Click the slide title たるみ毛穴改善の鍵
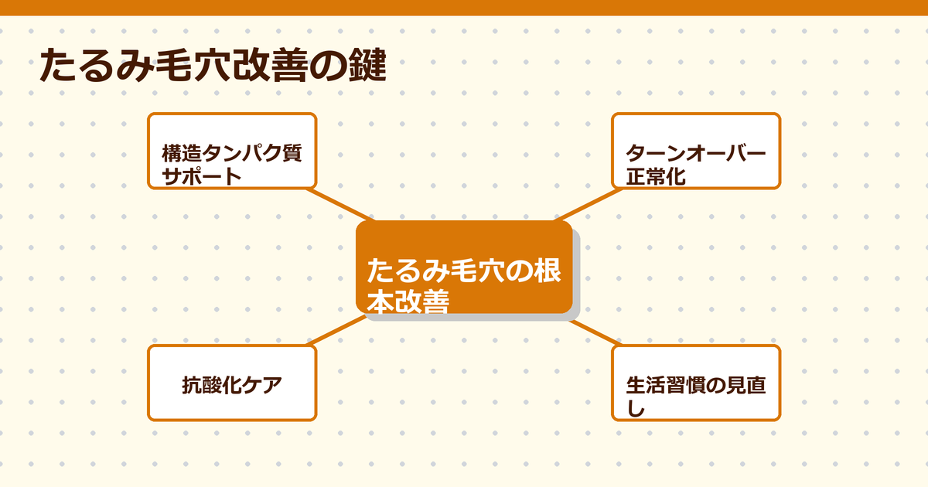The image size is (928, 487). pyautogui.click(x=212, y=66)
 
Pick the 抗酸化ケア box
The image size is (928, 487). pyautogui.click(x=232, y=383)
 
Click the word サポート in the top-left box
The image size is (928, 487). pyautogui.click(x=201, y=176)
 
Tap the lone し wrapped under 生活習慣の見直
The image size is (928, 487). pyautogui.click(x=634, y=409)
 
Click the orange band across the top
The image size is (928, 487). pyautogui.click(x=464, y=7)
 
